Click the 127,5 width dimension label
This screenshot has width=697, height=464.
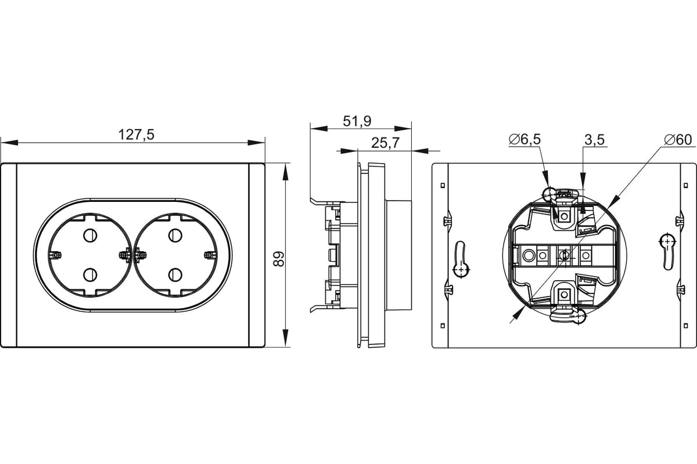[136, 135]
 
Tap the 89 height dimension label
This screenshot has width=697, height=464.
[278, 259]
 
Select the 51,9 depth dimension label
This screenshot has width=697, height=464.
[357, 121]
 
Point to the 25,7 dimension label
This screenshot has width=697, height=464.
[385, 143]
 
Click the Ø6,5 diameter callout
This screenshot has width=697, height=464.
[524, 139]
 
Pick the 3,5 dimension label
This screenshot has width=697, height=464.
[594, 140]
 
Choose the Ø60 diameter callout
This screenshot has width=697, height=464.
[677, 140]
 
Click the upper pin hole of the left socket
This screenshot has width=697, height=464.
[90, 235]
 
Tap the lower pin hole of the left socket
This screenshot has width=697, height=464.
[90, 275]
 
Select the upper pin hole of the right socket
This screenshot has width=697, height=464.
[175, 235]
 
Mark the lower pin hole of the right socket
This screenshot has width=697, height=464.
[175, 275]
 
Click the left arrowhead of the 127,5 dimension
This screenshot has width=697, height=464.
[9, 143]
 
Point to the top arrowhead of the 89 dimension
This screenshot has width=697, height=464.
[285, 172]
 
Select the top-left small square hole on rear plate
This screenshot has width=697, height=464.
[443, 186]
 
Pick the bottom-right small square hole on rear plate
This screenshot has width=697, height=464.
[686, 326]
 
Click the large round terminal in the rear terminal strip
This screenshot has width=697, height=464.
[528, 255]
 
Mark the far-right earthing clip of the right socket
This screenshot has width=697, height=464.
[210, 255]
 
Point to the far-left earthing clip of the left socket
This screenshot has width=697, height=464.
[55, 255]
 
